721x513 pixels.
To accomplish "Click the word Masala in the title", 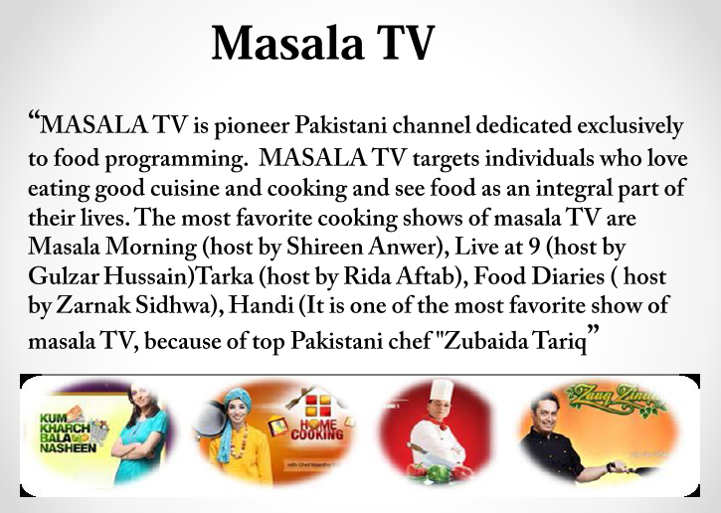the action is tap(287, 43).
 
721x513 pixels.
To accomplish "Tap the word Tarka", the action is tap(225, 276).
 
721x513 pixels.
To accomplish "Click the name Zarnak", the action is tap(93, 305).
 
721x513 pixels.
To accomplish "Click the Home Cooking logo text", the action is tap(317, 428).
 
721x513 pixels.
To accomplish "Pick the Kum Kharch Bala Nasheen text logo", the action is tap(66, 433).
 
